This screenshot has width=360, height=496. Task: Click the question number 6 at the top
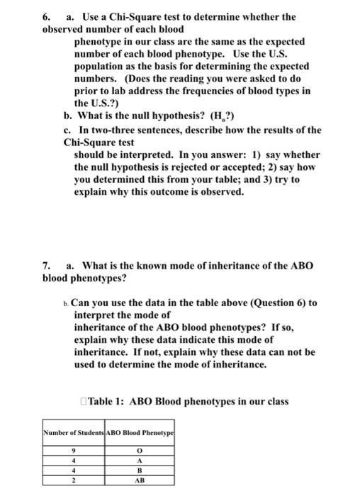pos(47,16)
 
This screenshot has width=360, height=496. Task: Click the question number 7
pos(47,266)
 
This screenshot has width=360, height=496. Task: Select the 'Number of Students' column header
pos(73,432)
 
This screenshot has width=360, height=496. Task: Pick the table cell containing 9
pos(73,451)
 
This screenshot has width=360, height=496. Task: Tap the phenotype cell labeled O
pos(140,451)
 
